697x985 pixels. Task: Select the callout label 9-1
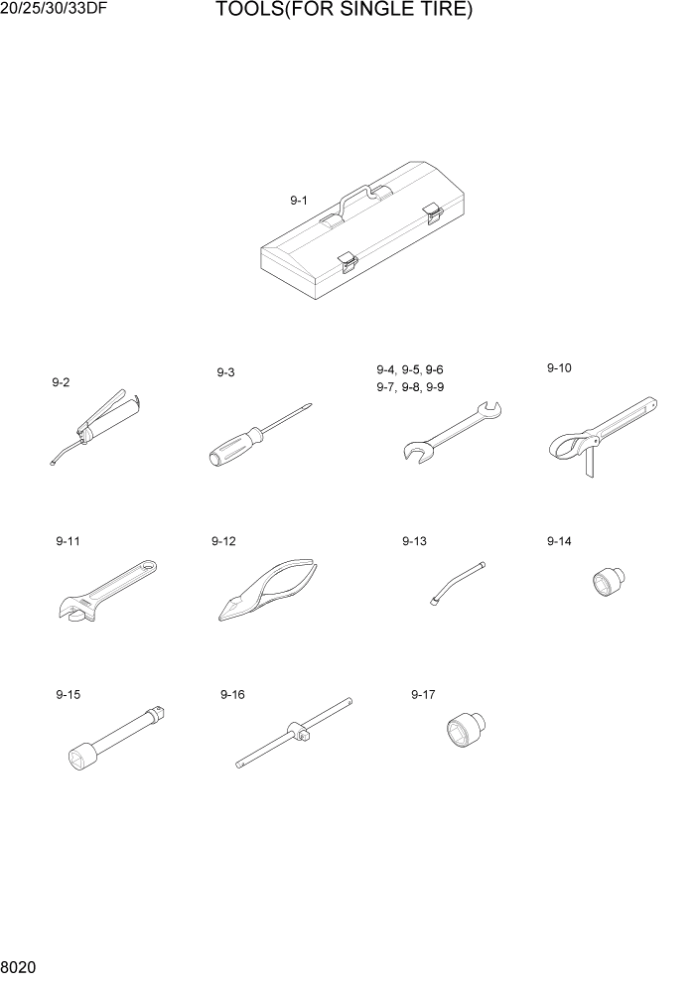(299, 201)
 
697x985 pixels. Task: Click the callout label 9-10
(559, 368)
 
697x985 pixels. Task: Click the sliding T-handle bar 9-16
(294, 734)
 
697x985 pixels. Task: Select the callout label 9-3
(225, 372)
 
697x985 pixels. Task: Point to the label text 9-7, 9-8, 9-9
(410, 387)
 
